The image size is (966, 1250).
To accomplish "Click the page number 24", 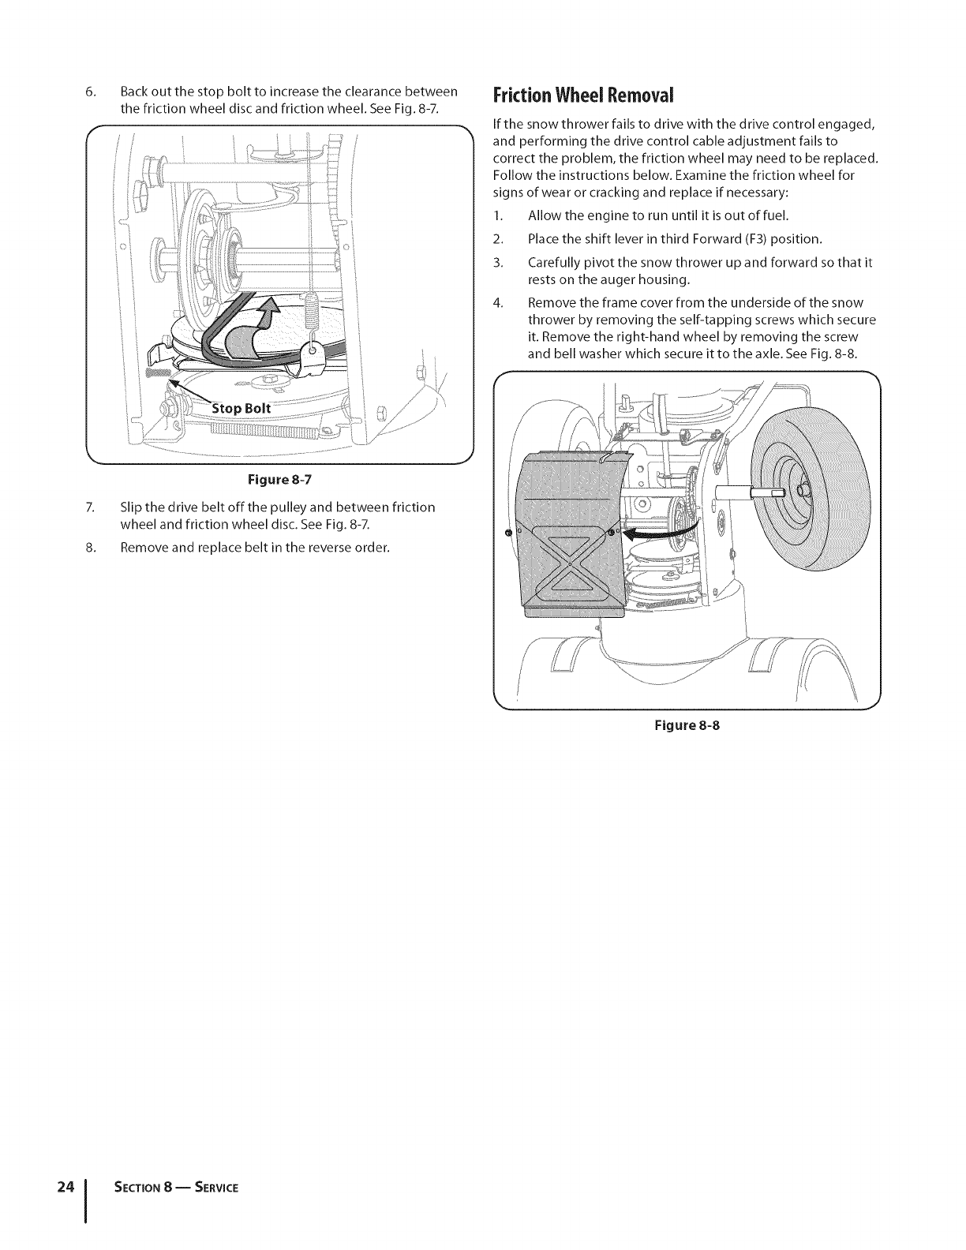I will [x=66, y=1165].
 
